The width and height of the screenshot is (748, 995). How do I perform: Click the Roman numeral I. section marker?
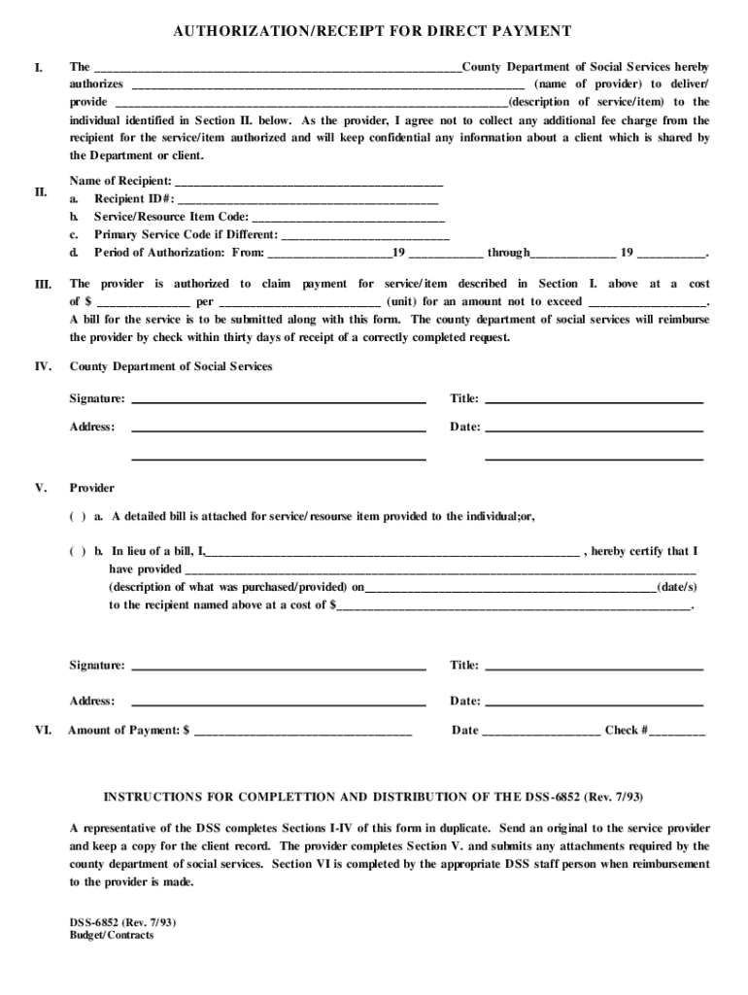click(x=38, y=68)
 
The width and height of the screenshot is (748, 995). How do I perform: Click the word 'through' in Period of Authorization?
click(x=508, y=253)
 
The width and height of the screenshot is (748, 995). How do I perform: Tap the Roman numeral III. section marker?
click(x=43, y=284)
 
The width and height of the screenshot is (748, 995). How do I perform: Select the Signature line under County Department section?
click(x=278, y=399)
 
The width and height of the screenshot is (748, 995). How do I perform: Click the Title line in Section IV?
click(x=593, y=399)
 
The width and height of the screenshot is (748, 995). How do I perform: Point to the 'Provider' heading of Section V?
click(x=91, y=488)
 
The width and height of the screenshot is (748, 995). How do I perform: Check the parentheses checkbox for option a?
click(x=77, y=517)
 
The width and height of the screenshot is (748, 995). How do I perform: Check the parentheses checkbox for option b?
click(x=77, y=551)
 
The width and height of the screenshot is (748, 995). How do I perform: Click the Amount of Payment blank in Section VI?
click(x=303, y=731)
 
